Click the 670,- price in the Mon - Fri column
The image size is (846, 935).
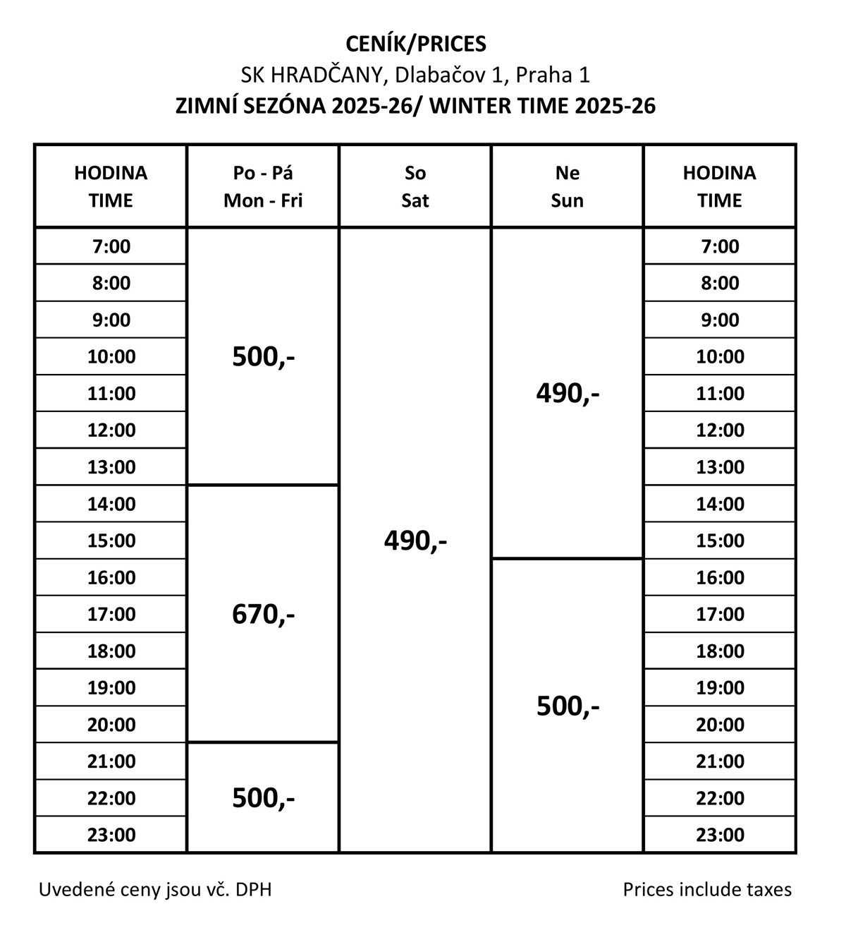(x=263, y=615)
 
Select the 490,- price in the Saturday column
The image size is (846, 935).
(x=415, y=541)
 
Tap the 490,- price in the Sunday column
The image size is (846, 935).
(x=568, y=393)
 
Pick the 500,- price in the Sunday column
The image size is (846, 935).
(x=568, y=706)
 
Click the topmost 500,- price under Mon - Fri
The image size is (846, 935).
(x=263, y=357)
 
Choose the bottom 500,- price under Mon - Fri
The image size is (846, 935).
(x=263, y=798)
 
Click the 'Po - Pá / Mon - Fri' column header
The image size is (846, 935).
(x=263, y=187)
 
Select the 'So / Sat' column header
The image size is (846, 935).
(x=415, y=187)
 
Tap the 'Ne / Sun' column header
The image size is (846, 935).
(x=568, y=187)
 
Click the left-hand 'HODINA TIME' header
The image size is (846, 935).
(x=111, y=187)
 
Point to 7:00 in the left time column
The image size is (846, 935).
(x=111, y=246)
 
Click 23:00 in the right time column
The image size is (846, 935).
(x=720, y=835)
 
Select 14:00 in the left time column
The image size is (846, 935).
(x=111, y=504)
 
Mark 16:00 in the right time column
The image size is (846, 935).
(x=720, y=577)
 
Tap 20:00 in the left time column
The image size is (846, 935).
(x=111, y=725)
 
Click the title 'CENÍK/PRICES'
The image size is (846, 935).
(x=416, y=44)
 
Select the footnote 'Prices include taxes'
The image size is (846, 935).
(x=707, y=890)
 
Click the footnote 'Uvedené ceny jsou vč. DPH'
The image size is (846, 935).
(x=155, y=890)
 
